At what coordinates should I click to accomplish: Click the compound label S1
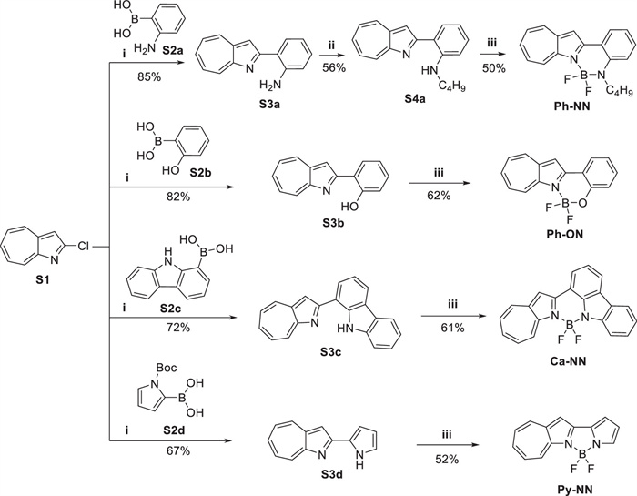[x=42, y=280]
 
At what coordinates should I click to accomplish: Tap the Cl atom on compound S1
[x=83, y=247]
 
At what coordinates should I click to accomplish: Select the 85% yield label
[x=148, y=76]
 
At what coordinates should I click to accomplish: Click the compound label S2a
[x=173, y=50]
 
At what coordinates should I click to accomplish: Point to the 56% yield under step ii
[x=334, y=68]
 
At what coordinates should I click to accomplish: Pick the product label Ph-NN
[x=572, y=106]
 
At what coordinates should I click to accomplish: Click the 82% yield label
[x=177, y=197]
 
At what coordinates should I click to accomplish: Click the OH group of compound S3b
[x=349, y=207]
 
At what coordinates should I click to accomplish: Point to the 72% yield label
[x=177, y=327]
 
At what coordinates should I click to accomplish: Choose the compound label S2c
[x=170, y=309]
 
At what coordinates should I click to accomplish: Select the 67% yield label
[x=177, y=450]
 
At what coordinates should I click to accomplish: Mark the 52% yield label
[x=447, y=460]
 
